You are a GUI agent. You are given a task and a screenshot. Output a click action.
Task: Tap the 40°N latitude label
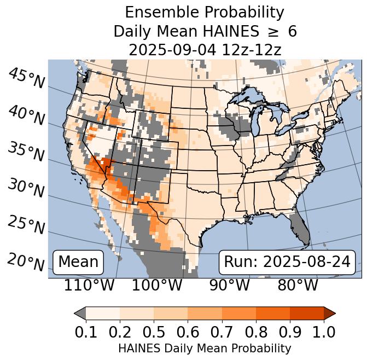tap(26, 115)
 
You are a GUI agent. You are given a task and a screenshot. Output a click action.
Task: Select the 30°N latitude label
tap(26, 188)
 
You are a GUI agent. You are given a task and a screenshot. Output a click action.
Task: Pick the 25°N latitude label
tap(26, 225)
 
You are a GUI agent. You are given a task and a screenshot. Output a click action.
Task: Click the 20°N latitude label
tap(26, 262)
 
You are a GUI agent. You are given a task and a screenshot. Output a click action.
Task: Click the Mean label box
tap(78, 262)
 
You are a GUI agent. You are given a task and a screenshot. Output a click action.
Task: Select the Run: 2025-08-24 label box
tap(287, 262)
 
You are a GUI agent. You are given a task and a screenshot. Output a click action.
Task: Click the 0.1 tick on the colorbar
tap(86, 332)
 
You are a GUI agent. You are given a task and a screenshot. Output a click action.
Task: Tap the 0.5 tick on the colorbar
tap(154, 332)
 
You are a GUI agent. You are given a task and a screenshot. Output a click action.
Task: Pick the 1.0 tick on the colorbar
tap(323, 332)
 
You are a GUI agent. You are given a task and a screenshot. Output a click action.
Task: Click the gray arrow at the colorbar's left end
tap(80, 313)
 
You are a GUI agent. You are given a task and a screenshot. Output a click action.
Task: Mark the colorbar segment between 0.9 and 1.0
tap(306, 313)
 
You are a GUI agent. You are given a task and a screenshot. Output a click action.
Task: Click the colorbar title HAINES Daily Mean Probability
tap(205, 348)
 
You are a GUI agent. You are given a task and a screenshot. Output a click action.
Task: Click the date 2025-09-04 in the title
tap(172, 50)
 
